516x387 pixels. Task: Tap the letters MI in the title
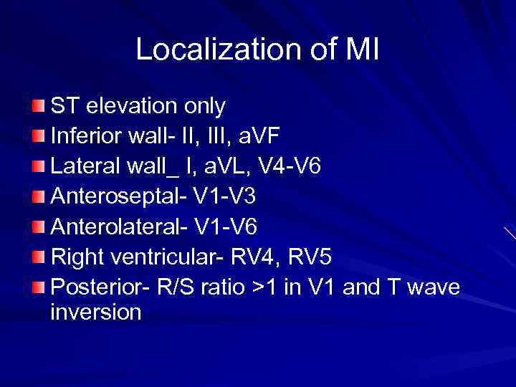[363, 49]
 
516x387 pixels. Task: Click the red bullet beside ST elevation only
[38, 107]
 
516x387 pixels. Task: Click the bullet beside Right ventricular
[38, 257]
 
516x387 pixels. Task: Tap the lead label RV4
[259, 257]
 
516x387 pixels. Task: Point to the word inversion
[96, 312]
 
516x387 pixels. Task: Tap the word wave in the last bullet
[435, 287]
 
